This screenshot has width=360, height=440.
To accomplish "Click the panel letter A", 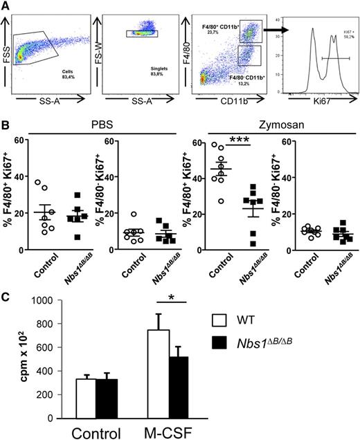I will [6, 6].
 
